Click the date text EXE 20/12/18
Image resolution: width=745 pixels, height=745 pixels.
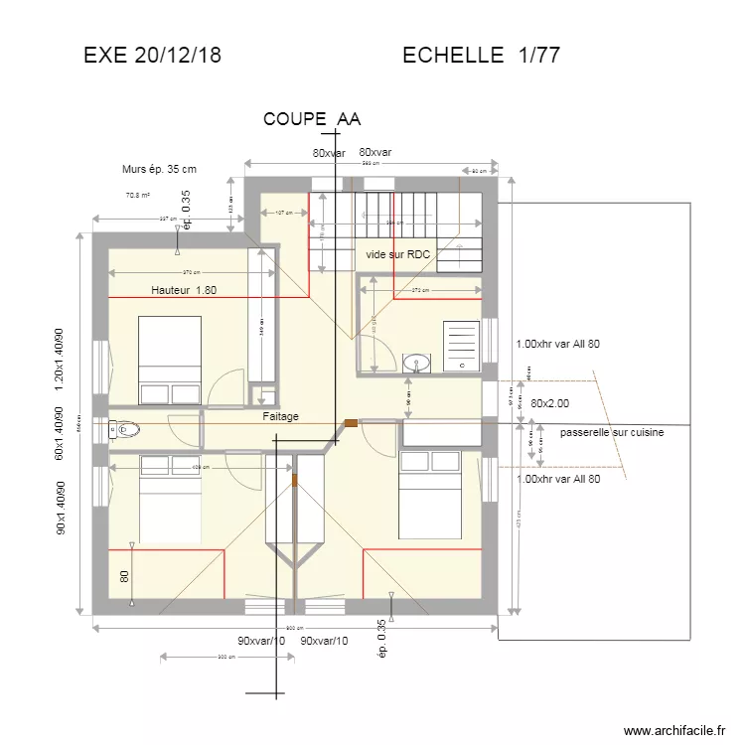click(x=152, y=56)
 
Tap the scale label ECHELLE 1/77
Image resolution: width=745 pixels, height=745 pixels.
click(x=481, y=56)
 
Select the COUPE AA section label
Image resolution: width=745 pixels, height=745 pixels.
click(x=311, y=119)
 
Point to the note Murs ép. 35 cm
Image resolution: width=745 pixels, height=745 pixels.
click(x=158, y=171)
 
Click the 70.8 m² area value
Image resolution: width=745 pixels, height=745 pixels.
click(x=137, y=196)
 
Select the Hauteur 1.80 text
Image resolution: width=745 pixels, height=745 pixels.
click(x=184, y=290)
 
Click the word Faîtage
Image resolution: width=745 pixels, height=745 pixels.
click(x=281, y=417)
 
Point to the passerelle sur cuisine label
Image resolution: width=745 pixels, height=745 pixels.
click(x=611, y=433)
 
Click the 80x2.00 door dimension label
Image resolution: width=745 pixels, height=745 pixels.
click(x=550, y=404)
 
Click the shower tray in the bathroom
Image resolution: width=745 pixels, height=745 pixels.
click(x=460, y=346)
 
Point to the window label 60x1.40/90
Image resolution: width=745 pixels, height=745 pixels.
click(x=59, y=432)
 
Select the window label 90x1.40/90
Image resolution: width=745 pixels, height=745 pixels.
click(x=59, y=510)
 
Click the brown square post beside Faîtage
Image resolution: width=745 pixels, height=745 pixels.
click(x=351, y=424)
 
